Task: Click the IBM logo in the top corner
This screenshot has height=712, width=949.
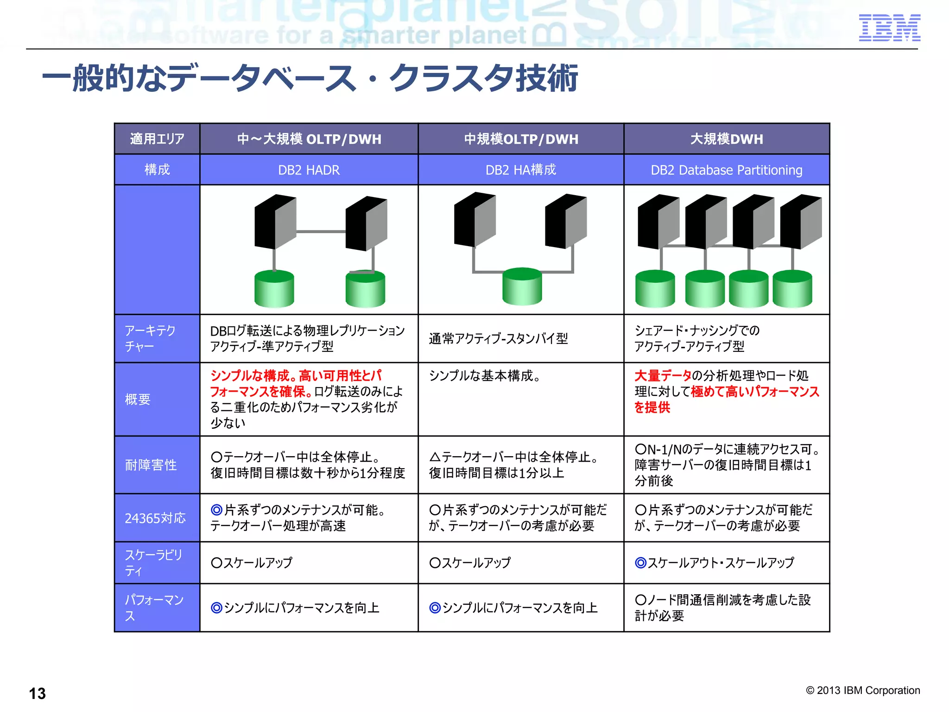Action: (889, 28)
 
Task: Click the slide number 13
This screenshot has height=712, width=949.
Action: (38, 693)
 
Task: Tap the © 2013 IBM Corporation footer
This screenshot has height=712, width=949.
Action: (863, 690)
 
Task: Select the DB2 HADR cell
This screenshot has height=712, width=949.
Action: (309, 170)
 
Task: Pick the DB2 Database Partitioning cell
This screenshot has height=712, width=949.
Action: (726, 170)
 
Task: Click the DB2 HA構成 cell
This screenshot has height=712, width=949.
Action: (520, 170)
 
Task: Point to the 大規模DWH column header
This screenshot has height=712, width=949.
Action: (726, 139)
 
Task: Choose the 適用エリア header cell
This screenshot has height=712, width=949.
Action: (157, 139)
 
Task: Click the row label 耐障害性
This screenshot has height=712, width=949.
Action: (151, 465)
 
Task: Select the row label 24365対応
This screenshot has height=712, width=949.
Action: (155, 518)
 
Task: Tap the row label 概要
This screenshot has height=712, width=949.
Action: (138, 399)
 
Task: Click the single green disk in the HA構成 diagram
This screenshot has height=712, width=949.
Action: (522, 286)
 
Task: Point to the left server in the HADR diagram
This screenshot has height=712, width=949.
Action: (275, 222)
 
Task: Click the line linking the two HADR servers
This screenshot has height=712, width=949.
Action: (321, 231)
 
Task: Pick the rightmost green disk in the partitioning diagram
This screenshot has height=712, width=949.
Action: (792, 289)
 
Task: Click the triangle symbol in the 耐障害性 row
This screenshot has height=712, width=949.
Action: (435, 458)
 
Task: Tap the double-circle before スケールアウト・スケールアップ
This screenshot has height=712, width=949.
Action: (640, 563)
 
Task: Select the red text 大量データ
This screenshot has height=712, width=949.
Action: (663, 375)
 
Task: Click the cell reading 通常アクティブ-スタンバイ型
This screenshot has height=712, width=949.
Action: (498, 339)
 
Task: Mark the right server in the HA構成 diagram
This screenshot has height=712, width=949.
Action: (566, 221)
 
